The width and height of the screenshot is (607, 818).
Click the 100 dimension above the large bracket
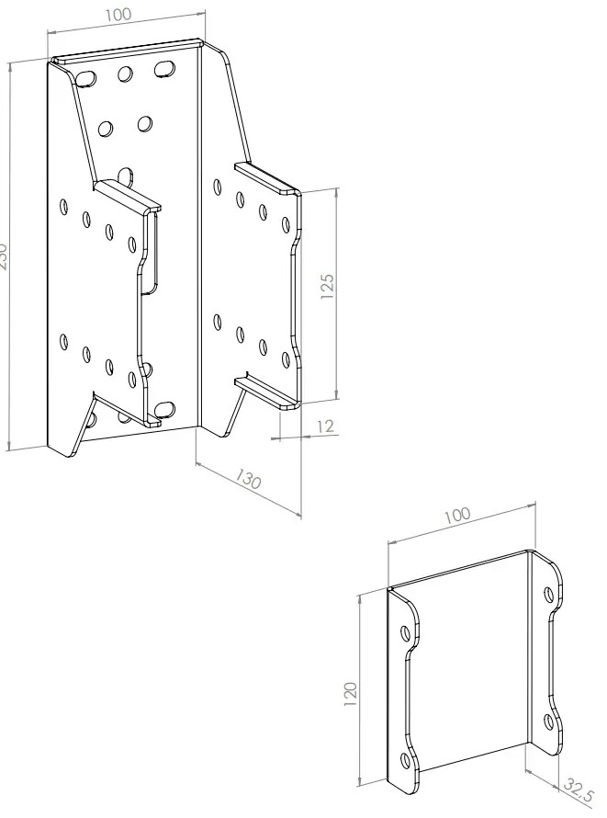pyautogui.click(x=118, y=15)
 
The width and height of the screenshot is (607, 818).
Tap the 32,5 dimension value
pyautogui.click(x=579, y=790)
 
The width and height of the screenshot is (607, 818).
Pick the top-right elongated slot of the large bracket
pyautogui.click(x=165, y=68)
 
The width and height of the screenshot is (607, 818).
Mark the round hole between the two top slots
pyautogui.click(x=125, y=73)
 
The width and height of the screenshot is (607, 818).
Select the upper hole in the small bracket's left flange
pyautogui.click(x=406, y=632)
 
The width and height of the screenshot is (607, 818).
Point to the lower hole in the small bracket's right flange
pyautogui.click(x=549, y=722)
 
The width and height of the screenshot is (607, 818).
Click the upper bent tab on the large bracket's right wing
pyautogui.click(x=267, y=179)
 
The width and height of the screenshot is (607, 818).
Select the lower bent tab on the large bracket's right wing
pyautogui.click(x=267, y=391)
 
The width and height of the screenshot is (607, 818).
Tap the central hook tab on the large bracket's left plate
pyautogui.click(x=128, y=196)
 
